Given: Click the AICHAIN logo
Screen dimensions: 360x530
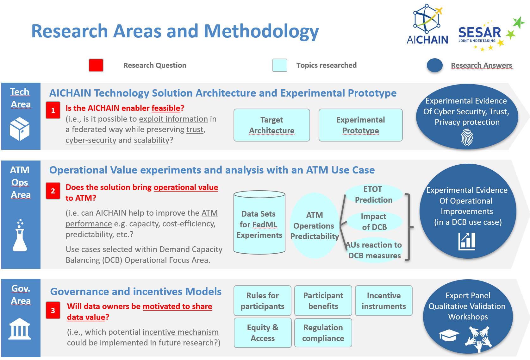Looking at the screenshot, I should pos(427,25).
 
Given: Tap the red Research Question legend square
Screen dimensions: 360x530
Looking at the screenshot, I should pos(96,65).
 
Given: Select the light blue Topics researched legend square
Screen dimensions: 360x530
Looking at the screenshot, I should pos(280,65).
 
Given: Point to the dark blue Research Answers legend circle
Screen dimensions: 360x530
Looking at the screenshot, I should pos(435,65).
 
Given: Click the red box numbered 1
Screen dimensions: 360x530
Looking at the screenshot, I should pos(53,110).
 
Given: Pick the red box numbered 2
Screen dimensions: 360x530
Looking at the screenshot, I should pos(53,191).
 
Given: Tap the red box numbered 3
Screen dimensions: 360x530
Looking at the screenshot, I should pos(53,310).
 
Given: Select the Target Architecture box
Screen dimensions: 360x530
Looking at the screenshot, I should pos(271,125).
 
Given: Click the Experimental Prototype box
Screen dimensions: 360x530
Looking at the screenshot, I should pos(360,125).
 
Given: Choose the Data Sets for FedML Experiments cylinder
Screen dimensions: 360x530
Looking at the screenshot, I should pos(259,223).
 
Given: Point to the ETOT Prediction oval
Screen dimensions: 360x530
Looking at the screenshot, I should pos(373,194).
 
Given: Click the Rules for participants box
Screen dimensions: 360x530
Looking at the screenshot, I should pos(262,301).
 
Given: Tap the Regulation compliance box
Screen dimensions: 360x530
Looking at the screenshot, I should pos(323,333).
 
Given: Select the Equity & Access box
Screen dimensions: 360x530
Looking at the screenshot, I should pos(263,333).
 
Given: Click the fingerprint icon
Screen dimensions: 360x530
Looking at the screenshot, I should pos(467,138).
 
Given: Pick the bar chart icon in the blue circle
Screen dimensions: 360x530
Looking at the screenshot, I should pos(467,241).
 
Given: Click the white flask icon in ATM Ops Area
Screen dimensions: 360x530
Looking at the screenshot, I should pos(20,236).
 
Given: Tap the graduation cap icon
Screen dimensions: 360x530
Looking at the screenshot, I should pos(449,335).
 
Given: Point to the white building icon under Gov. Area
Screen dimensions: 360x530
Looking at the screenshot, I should pos(20,329).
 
